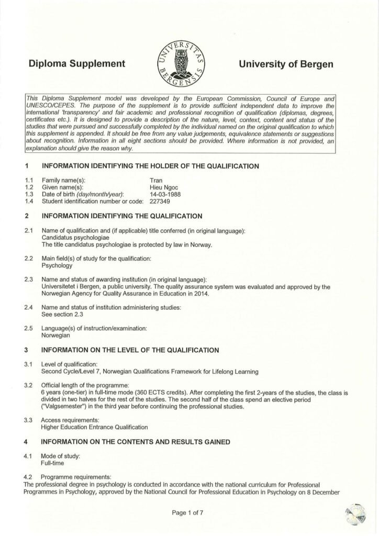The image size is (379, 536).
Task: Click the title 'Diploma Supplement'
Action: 78,64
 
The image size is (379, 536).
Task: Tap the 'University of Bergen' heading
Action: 285,64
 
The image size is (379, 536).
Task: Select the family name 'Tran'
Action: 156,180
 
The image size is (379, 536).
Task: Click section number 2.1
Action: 29,231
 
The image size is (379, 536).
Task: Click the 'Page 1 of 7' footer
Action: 189,513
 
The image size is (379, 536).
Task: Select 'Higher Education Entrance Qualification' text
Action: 94,427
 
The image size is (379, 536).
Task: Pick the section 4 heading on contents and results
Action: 136,442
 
